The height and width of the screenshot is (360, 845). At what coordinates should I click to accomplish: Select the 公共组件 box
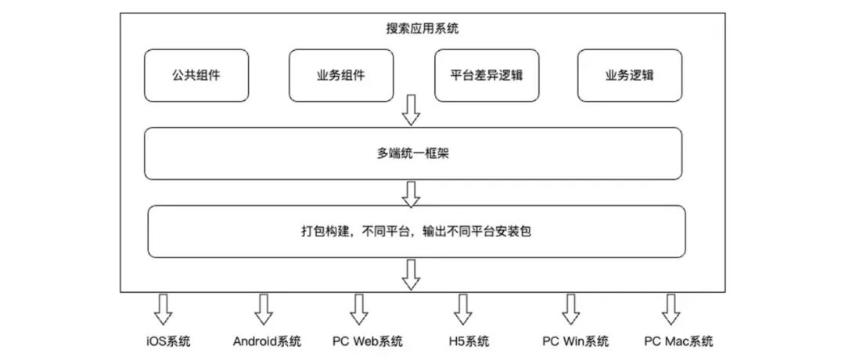pyautogui.click(x=196, y=76)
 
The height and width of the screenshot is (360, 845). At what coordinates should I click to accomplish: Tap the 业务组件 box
pyautogui.click(x=340, y=76)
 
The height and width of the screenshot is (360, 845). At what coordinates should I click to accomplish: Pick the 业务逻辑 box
pyautogui.click(x=630, y=76)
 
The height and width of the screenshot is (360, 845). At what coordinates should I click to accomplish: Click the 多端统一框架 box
pyautogui.click(x=412, y=154)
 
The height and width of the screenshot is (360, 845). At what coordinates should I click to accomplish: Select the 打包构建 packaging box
pyautogui.click(x=416, y=232)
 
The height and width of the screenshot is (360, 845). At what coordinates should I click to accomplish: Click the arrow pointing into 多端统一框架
pyautogui.click(x=411, y=112)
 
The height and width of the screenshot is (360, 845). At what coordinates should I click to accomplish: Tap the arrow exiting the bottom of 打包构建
pyautogui.click(x=411, y=274)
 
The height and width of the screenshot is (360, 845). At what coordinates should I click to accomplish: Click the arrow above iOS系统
pyautogui.click(x=162, y=309)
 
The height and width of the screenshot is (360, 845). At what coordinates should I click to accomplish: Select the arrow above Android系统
pyautogui.click(x=264, y=309)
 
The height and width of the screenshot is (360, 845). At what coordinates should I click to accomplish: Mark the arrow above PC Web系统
pyautogui.click(x=358, y=309)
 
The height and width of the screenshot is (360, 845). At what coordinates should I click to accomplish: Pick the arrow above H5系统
pyautogui.click(x=465, y=309)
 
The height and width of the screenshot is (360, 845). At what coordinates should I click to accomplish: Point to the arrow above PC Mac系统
pyautogui.click(x=670, y=309)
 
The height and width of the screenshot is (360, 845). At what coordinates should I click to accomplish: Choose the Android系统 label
pyautogui.click(x=267, y=341)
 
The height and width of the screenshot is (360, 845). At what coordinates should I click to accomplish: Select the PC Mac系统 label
pyautogui.click(x=678, y=341)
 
